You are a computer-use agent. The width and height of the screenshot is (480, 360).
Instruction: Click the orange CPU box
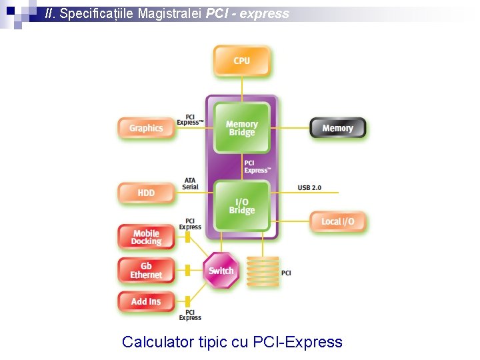point(241,61)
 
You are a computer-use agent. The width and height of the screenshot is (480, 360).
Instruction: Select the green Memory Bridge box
point(241,128)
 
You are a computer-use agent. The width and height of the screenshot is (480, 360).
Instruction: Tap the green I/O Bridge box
point(241,206)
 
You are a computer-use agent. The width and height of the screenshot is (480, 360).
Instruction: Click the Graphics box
point(146,128)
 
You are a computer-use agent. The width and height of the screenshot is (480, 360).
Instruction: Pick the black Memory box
point(337,128)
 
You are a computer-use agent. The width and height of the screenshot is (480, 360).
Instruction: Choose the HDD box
point(146,193)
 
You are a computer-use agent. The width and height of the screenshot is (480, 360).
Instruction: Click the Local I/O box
point(337,221)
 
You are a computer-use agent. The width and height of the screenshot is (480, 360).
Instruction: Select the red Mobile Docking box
point(146,237)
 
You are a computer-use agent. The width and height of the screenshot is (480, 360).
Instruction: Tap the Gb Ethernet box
point(146,271)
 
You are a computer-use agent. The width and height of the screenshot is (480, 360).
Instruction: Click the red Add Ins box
point(146,302)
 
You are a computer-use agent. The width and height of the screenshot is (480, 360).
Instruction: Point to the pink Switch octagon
point(221,271)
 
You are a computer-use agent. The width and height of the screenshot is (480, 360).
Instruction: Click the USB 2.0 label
point(309,188)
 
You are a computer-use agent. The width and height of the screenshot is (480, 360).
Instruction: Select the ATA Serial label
point(190,183)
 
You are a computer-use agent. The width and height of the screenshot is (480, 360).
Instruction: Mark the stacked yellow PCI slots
point(263,272)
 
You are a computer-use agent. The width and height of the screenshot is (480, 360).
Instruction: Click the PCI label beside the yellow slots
point(286,273)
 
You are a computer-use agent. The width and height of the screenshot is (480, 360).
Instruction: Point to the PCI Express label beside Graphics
point(190,120)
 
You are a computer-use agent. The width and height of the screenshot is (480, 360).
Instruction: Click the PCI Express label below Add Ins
point(190,315)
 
